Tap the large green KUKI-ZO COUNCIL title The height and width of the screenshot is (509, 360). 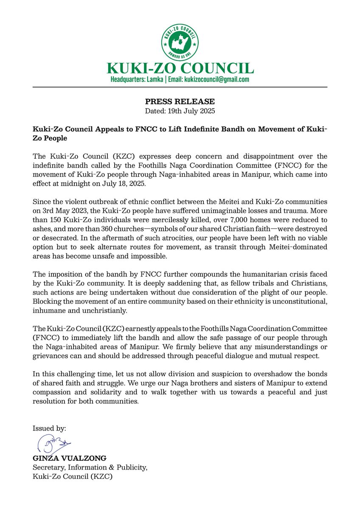point(180,68)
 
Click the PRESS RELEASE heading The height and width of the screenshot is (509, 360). point(180,102)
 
